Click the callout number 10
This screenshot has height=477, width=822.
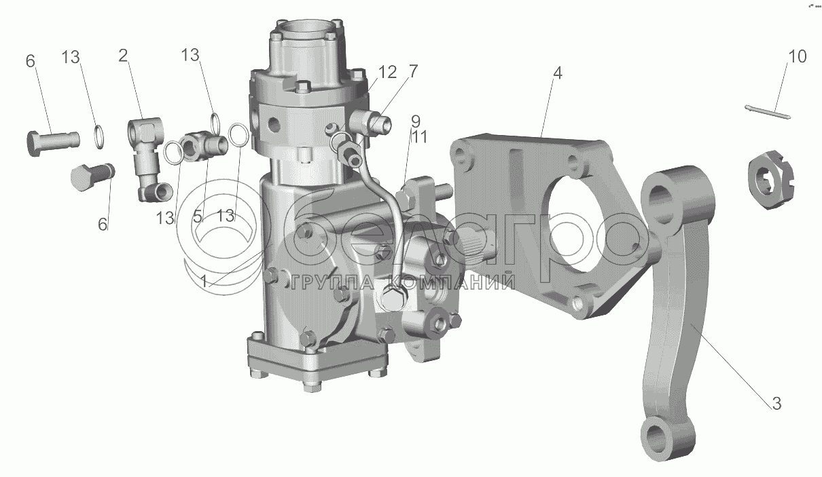tap(797, 57)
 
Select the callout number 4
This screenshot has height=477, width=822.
tap(558, 73)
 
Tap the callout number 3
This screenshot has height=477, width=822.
tap(776, 404)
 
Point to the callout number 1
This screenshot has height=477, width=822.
tap(204, 282)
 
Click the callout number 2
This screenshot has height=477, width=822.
tap(123, 56)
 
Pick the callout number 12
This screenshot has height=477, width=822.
tap(388, 72)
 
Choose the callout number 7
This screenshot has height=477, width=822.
tap(413, 71)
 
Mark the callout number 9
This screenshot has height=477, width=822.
tap(415, 121)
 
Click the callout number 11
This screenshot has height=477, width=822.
tap(419, 138)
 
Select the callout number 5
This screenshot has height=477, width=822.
tap(198, 217)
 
